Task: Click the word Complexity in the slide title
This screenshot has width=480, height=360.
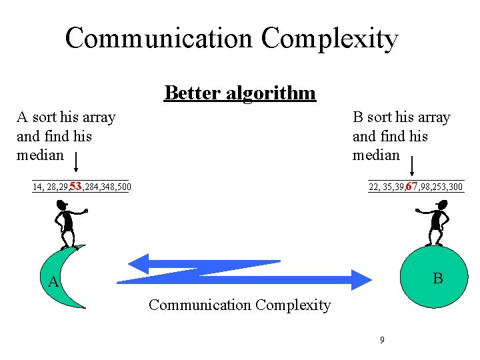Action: coord(329,39)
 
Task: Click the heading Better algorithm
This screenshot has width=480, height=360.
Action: coord(240,92)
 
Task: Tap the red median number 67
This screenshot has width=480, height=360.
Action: coord(411,186)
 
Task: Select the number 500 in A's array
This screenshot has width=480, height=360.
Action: coord(123,187)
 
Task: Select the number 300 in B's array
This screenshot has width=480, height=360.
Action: coord(455,187)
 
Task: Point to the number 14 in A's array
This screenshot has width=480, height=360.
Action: coord(37,187)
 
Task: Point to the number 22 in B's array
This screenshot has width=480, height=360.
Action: coord(374,187)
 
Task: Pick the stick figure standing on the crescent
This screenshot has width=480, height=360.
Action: coord(67,225)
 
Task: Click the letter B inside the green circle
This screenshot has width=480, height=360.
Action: coord(437,278)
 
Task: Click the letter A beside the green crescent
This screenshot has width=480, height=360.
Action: coord(54,283)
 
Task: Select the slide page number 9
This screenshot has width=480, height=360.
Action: coord(382,340)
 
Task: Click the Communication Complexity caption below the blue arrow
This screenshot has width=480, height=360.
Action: coord(240,305)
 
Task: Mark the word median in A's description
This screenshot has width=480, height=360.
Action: coord(40,155)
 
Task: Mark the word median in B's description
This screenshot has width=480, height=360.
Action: coord(376,155)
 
